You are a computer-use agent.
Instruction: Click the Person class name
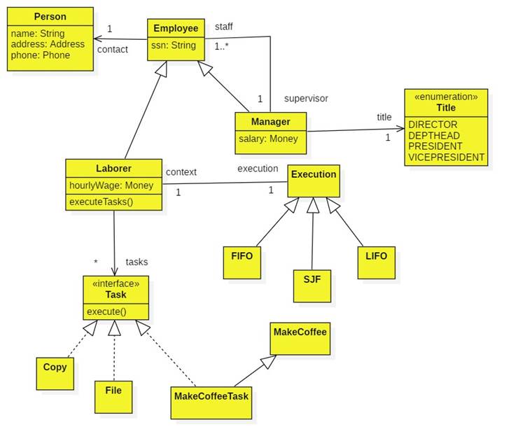(x=50, y=16)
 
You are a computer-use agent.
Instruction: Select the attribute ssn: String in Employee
(x=174, y=46)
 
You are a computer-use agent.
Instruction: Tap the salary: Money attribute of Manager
(x=268, y=139)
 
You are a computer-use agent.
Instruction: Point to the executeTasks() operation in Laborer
(x=101, y=202)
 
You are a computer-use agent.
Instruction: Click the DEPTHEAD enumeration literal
(x=435, y=135)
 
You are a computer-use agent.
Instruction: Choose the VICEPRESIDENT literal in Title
(x=446, y=157)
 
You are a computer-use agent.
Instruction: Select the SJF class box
(x=312, y=285)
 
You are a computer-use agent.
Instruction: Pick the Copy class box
(x=55, y=373)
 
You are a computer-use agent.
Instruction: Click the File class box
(x=113, y=396)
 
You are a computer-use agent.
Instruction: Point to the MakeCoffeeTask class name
(x=210, y=395)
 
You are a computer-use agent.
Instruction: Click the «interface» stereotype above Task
(x=116, y=283)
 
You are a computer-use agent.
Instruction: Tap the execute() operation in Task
(x=106, y=311)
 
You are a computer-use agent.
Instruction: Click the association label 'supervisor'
(x=306, y=98)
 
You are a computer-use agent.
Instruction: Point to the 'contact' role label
(x=112, y=50)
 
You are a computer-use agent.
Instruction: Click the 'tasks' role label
(x=137, y=262)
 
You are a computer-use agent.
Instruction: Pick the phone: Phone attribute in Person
(x=41, y=55)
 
